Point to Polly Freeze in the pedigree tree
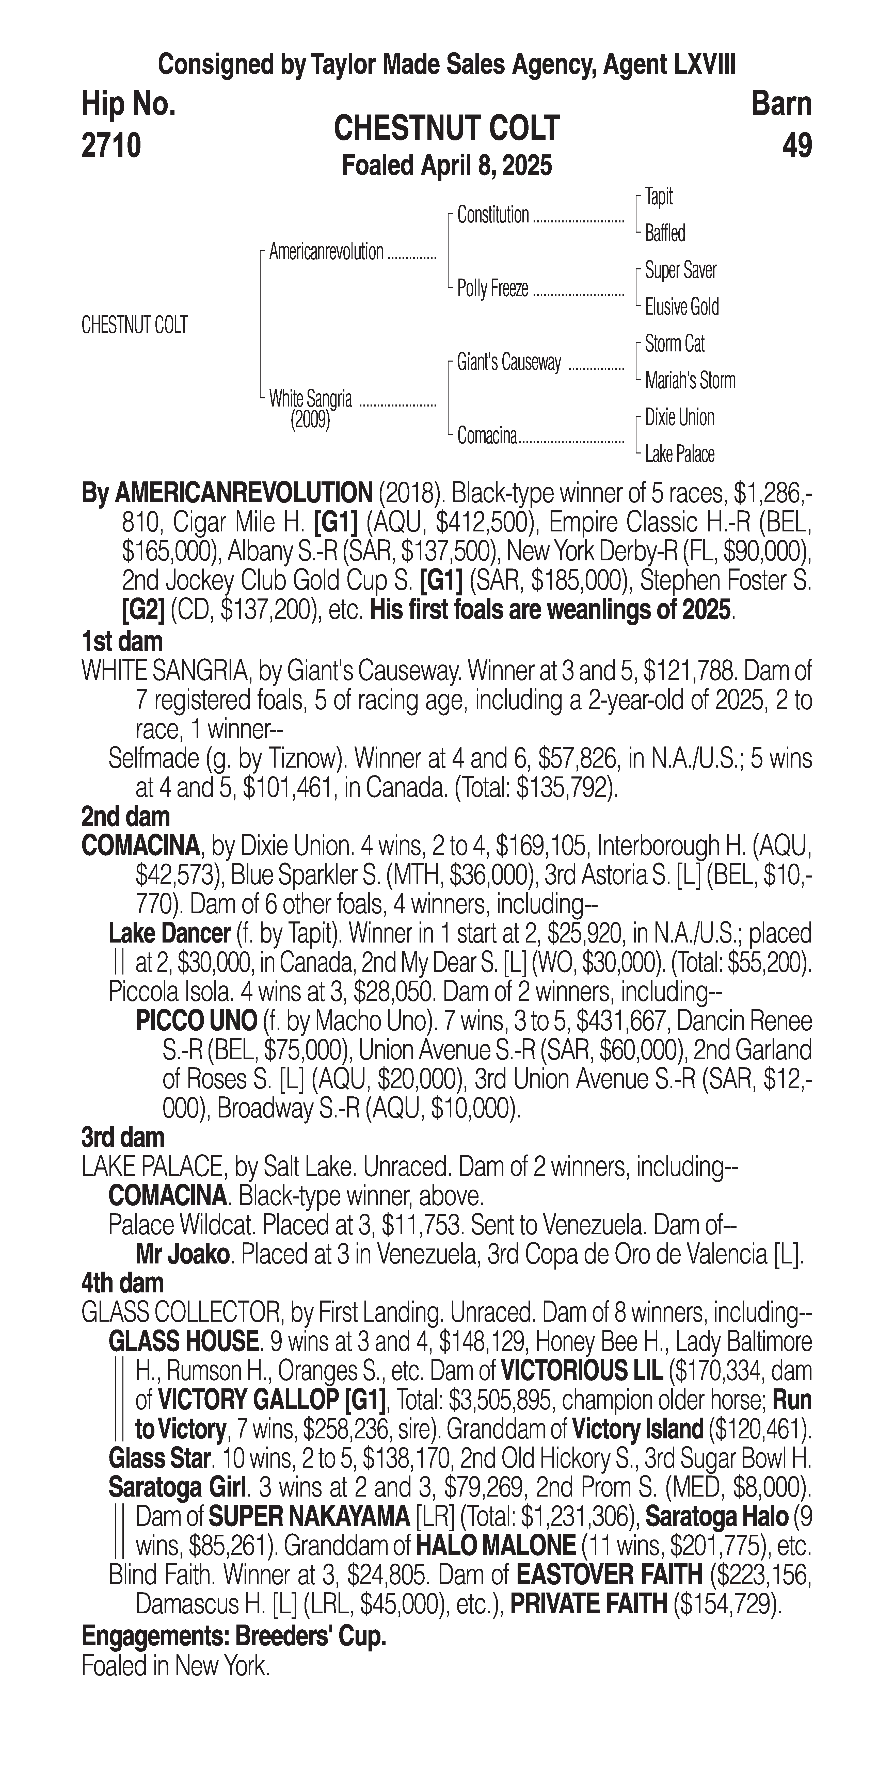tap(493, 288)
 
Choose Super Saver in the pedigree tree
tap(681, 270)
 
